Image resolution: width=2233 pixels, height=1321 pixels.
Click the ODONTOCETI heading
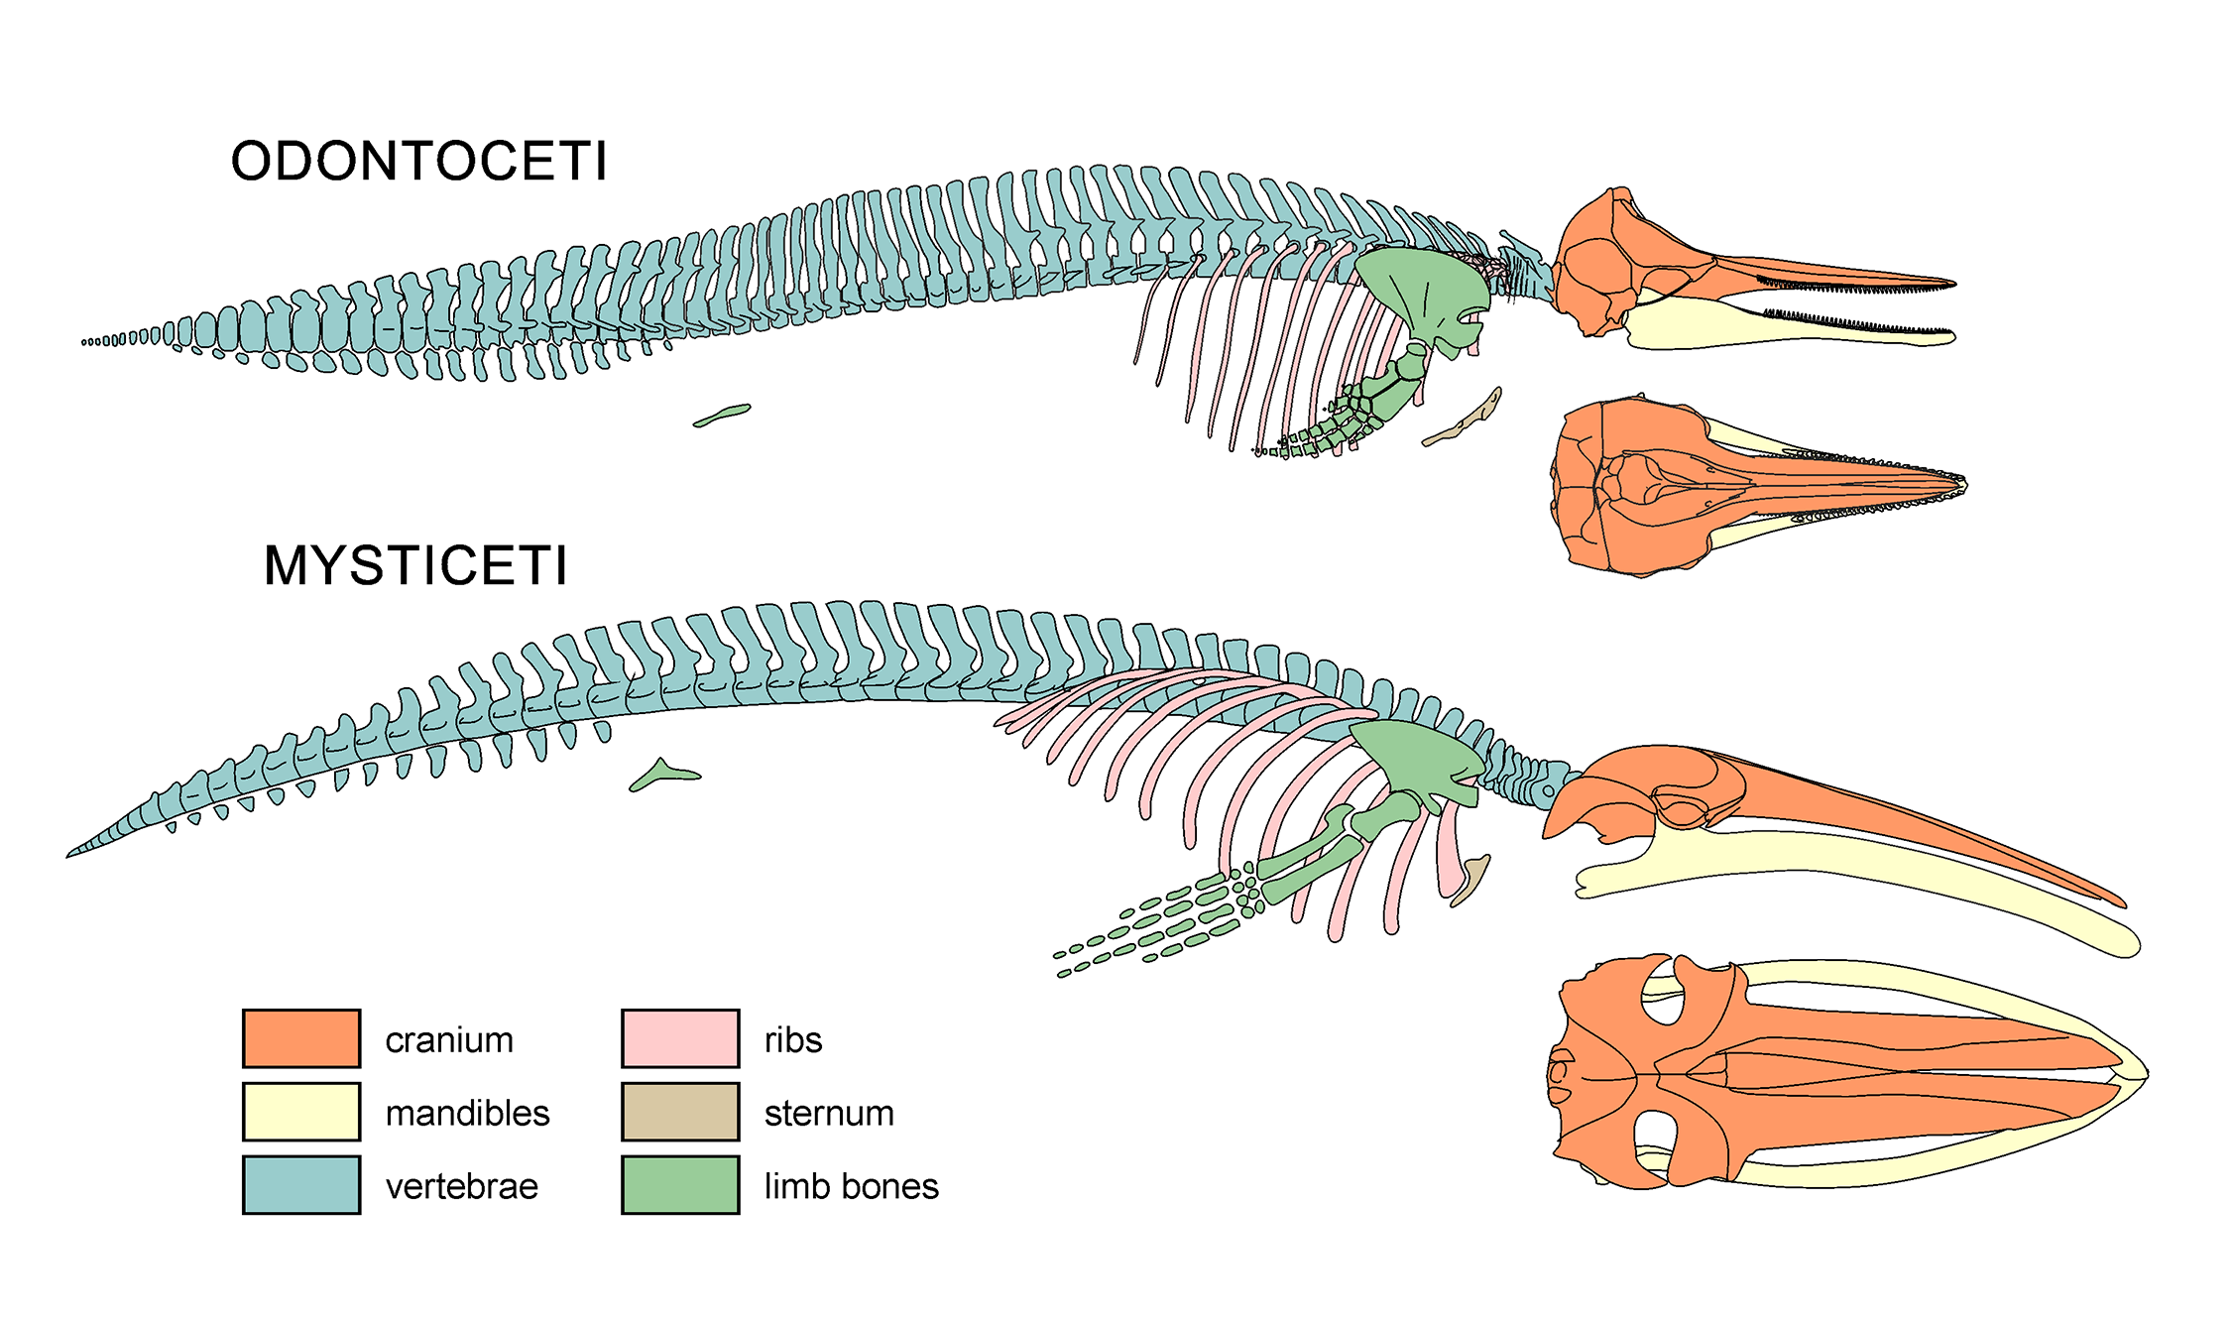(418, 161)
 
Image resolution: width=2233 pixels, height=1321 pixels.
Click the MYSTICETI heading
(415, 565)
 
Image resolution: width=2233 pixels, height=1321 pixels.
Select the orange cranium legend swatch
(301, 1038)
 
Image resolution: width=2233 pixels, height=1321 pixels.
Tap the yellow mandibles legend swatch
(301, 1112)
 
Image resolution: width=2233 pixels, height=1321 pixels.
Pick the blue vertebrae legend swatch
(301, 1185)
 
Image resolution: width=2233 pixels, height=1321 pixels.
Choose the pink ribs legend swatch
(680, 1038)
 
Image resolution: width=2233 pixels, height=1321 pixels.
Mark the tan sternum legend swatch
(680, 1112)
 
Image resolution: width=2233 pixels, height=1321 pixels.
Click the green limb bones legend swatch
(680, 1185)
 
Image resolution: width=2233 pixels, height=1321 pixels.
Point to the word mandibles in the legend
(467, 1113)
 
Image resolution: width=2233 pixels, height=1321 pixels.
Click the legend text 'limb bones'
(851, 1186)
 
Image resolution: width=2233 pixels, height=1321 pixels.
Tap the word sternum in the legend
(829, 1113)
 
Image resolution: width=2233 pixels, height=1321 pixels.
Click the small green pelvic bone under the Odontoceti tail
(723, 415)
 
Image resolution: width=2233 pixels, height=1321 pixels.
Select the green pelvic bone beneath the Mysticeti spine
(662, 775)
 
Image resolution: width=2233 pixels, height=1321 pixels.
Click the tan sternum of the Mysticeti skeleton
(1471, 879)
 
